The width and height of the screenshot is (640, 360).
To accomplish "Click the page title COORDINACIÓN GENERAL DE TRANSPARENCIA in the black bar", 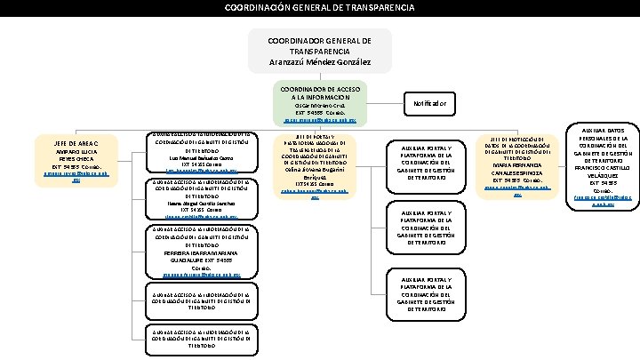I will coord(319,7).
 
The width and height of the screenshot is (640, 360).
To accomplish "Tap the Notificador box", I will coord(429,104).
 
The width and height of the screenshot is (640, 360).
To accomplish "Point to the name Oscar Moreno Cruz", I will coord(319,106).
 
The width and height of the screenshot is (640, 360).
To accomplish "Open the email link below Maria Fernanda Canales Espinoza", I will coord(516,190).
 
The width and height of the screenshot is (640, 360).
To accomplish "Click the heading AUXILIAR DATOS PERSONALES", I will coord(604,134).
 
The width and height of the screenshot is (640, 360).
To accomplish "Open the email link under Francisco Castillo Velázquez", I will coord(604,201).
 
